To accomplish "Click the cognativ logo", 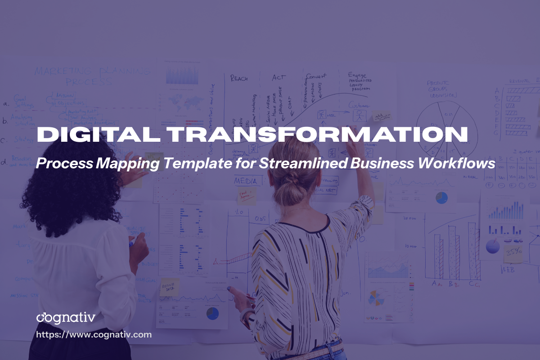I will pos(66,318).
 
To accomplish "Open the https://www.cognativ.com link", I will pos(94,335).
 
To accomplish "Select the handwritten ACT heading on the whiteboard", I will pos(279,78).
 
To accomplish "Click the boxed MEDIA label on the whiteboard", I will pos(246,181).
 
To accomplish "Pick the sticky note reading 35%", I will pos(513,252).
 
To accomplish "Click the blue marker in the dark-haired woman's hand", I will pos(130,243).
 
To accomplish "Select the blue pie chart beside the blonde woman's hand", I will pos(212,314).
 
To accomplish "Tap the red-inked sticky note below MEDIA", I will pos(246,196).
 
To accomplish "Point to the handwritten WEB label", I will pos(509,270).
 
